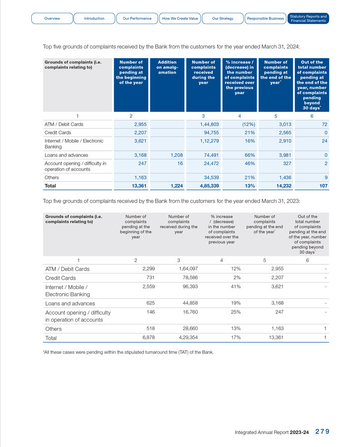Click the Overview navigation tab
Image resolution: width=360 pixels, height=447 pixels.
52,19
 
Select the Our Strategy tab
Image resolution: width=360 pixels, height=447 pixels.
223,19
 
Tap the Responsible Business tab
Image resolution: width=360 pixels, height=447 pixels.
265,19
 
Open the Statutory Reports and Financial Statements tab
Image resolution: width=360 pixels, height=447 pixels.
308,19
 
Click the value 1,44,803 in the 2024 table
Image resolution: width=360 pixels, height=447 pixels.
210,124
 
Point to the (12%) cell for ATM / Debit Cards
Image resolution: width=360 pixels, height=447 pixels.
246,124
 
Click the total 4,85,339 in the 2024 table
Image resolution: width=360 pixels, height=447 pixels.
209,185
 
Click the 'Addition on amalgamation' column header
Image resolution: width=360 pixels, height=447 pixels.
167,67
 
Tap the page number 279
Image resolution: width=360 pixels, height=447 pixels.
322,432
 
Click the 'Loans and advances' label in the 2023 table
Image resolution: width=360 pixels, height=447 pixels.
70,303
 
